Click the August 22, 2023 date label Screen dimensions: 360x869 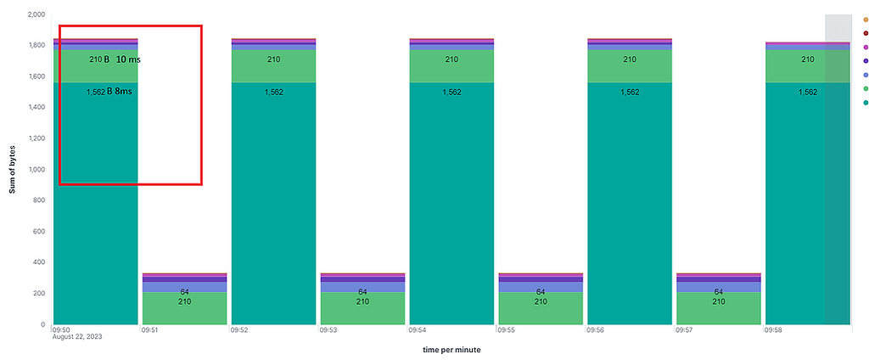79,338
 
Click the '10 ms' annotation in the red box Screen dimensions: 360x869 128,59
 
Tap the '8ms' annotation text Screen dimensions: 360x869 124,91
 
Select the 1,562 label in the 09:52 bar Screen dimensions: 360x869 273,92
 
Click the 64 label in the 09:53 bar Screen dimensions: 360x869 362,291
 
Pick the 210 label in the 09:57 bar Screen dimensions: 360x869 719,301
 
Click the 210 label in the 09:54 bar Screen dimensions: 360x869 451,59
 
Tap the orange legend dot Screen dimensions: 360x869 865,20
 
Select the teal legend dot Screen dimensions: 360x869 865,102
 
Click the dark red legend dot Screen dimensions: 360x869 865,33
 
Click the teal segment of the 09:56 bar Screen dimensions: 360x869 630,212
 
